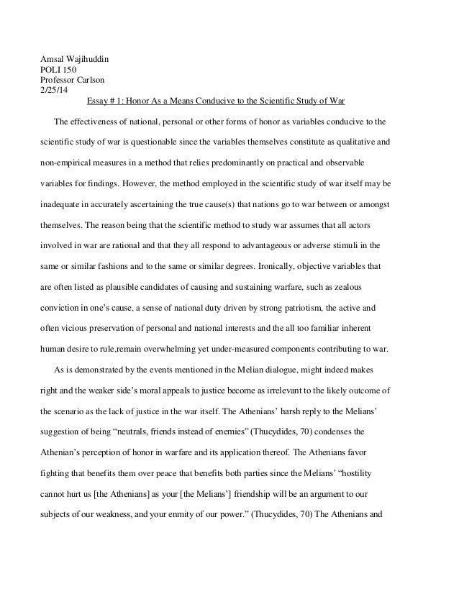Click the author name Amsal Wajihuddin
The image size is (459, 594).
pyautogui.click(x=73, y=59)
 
